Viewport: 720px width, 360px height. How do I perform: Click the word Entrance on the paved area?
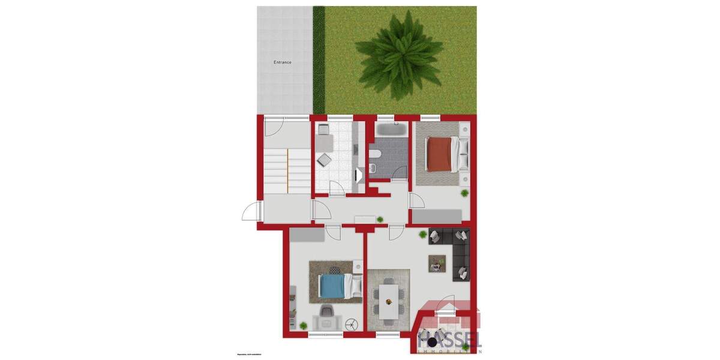coord(283,62)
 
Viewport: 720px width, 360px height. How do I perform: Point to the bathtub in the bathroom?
coord(391,130)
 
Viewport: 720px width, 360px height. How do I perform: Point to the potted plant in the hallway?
coord(380,220)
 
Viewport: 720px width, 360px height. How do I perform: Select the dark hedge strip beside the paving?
coord(319,59)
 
